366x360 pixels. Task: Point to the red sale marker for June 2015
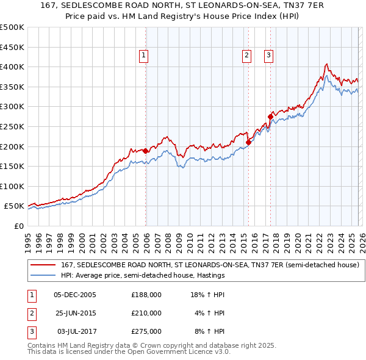[248, 142]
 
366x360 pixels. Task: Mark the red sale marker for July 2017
[270, 116]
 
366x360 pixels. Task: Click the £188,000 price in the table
[146, 295]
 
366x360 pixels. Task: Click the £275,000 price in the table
[146, 331]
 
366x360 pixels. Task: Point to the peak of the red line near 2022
[328, 63]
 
